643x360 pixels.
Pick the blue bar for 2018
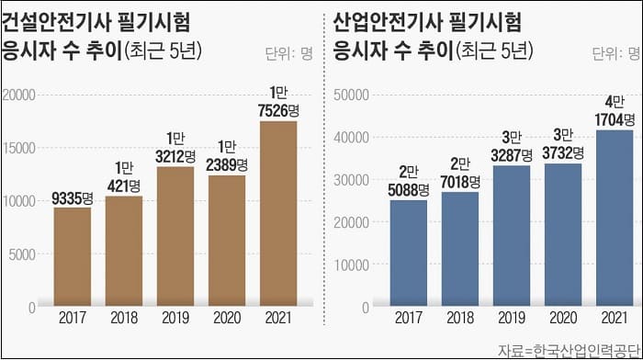pos(459,249)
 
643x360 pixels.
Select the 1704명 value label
pos(614,119)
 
